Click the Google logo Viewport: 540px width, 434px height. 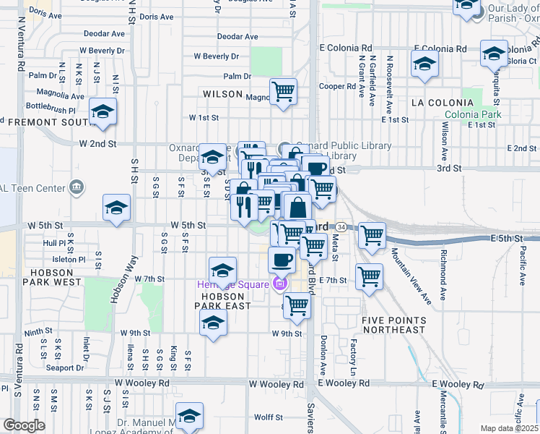[x=24, y=425]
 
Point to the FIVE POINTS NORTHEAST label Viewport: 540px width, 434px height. [x=393, y=325]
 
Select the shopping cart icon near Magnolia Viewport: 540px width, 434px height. [x=284, y=92]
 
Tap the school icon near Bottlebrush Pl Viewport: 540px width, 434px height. [x=103, y=112]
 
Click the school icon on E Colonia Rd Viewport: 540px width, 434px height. [x=425, y=63]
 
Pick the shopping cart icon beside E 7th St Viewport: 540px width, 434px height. [x=369, y=276]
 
